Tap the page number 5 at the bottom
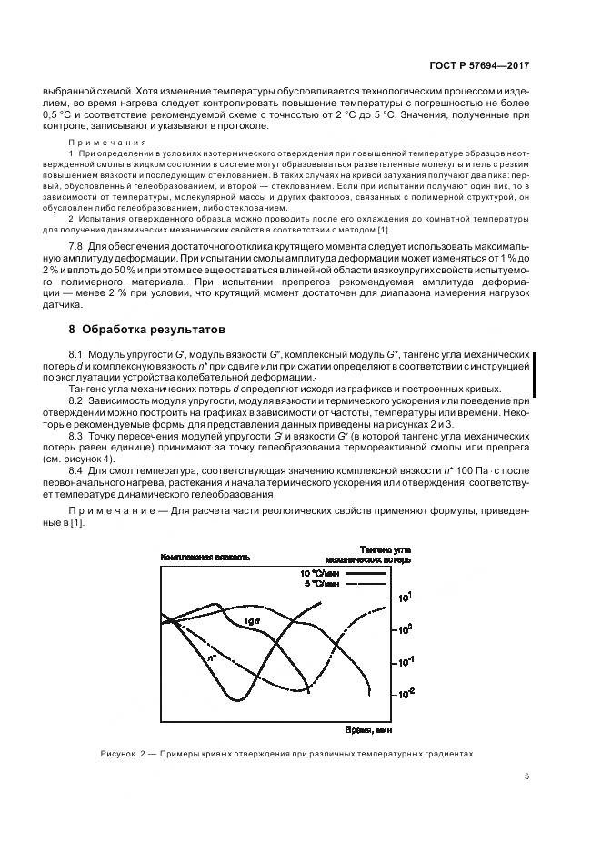pos(526,776)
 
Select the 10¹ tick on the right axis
pos(406,597)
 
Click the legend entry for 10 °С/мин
pos(317,574)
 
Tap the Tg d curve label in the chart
pos(252,620)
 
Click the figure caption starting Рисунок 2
pos(286,754)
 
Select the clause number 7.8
pos(76,247)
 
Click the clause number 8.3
pos(76,437)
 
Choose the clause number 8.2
pos(76,400)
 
